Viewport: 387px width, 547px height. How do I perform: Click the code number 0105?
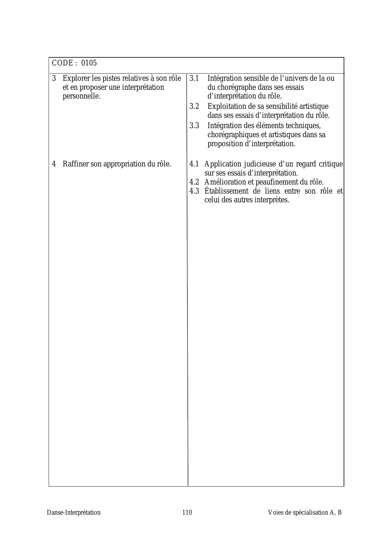tap(89, 63)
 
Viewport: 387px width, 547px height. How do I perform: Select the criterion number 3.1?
tap(194, 78)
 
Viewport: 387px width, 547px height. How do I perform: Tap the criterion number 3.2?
tap(194, 106)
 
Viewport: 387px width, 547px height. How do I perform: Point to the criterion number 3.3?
tap(194, 126)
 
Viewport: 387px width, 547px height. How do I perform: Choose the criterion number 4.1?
tap(194, 164)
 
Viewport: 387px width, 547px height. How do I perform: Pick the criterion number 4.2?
tap(194, 182)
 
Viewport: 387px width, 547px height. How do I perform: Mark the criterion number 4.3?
tap(194, 191)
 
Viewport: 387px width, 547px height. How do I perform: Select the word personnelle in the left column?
tap(81, 96)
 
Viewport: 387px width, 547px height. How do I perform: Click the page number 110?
tap(187, 512)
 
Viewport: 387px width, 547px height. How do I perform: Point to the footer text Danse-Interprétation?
tap(74, 512)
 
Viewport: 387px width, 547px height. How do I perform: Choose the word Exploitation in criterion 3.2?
tap(225, 106)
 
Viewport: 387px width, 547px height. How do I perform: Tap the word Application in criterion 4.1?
tap(223, 164)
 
